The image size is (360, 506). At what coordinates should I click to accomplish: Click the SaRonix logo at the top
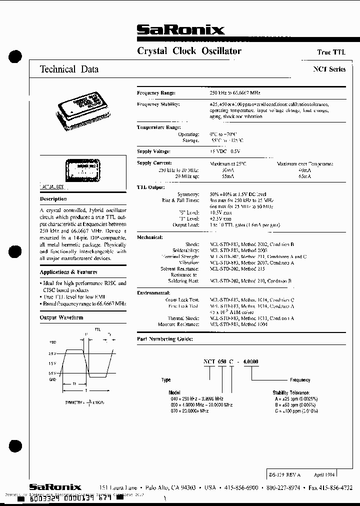180,30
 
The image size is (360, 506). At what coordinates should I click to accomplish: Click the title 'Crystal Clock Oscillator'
189,51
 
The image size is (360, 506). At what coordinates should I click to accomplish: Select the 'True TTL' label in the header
331,52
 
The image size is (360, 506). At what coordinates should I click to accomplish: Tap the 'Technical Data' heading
69,70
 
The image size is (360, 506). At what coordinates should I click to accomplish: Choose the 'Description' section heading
53,199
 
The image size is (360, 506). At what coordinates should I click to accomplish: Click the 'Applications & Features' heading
68,272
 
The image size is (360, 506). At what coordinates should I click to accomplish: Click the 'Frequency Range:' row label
156,93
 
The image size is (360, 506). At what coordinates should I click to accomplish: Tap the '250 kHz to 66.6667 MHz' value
235,93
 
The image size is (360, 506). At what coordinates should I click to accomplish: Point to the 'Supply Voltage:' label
154,151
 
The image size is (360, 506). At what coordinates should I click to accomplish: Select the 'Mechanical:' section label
150,237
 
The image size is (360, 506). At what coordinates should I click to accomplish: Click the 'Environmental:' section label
153,291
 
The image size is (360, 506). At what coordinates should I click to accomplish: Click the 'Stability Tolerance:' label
291,393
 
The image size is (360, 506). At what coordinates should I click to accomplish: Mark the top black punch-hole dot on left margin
16,56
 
